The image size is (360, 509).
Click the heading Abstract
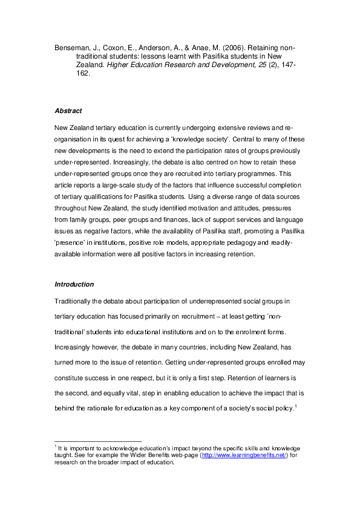click(68, 111)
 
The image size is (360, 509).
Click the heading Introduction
click(74, 284)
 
